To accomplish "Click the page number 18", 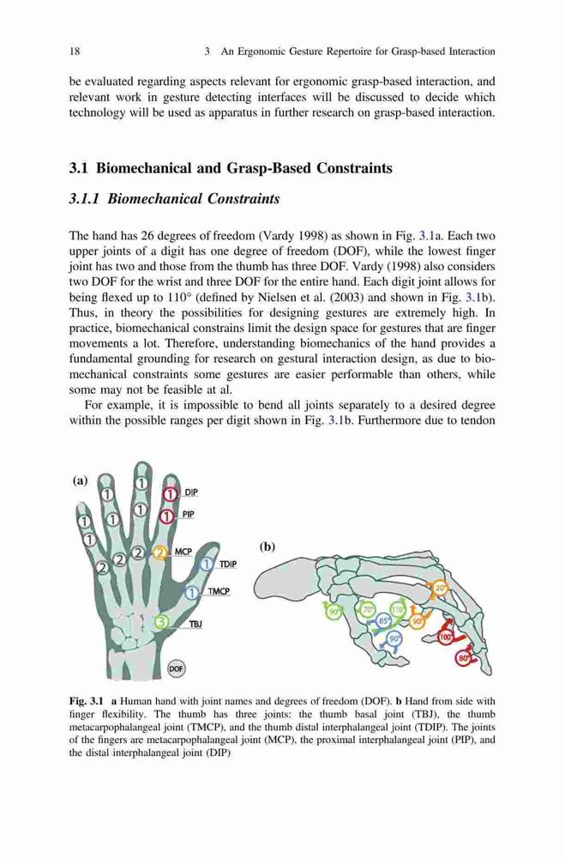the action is pyautogui.click(x=75, y=51).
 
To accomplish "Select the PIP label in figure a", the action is pyautogui.click(x=188, y=514).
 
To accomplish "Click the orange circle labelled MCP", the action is pyautogui.click(x=160, y=553).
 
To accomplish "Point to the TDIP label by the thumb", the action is pyautogui.click(x=228, y=565).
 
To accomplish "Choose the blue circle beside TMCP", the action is pyautogui.click(x=192, y=592).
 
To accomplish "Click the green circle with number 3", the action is pyautogui.click(x=161, y=622).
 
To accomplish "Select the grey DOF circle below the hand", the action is pyautogui.click(x=176, y=668).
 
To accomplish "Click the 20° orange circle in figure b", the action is pyautogui.click(x=441, y=589).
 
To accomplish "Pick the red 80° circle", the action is pyautogui.click(x=464, y=659).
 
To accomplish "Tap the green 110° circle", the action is pyautogui.click(x=398, y=609).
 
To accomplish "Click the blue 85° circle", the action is pyautogui.click(x=384, y=621).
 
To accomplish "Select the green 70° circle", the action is pyautogui.click(x=368, y=608).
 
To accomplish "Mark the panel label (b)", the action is pyautogui.click(x=267, y=547).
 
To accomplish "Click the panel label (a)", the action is pyautogui.click(x=80, y=480).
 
